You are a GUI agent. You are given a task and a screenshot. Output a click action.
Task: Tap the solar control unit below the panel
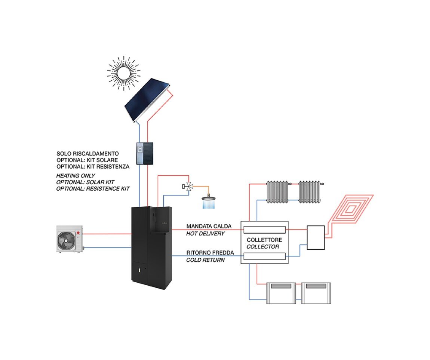pos(144,153)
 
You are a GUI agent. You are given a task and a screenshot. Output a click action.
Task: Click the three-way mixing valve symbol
pos(188,186)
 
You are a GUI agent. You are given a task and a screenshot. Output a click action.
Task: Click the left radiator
pos(277,192)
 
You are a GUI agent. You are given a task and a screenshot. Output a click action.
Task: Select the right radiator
pos(310,192)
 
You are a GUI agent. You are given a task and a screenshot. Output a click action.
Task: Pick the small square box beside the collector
pos(316,238)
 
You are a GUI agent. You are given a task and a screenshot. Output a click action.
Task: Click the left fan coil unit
pos(281,293)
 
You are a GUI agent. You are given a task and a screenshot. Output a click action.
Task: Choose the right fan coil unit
pos(316,293)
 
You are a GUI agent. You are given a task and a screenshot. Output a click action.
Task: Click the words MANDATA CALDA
pos(209,227)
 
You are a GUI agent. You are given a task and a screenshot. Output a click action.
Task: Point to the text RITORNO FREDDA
pos(210,253)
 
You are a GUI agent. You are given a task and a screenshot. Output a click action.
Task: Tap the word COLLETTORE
pos(264,240)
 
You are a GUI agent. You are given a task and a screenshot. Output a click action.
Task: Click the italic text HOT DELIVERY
pos(205,234)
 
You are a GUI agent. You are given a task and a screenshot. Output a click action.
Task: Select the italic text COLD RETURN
pos(205,260)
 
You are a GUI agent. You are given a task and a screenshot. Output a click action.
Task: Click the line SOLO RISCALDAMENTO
pos(87,154)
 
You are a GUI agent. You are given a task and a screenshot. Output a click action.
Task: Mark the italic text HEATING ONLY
pos(76,175)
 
